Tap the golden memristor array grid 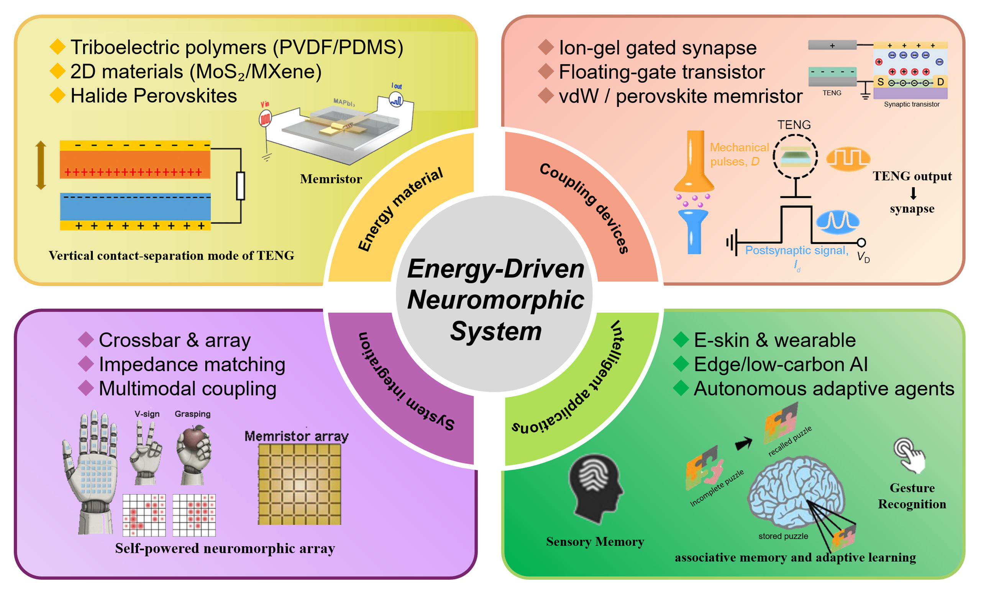299,484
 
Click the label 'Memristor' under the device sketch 331,179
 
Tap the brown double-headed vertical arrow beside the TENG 41,165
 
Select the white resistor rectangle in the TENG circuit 240,186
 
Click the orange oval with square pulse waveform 848,159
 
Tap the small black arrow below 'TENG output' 913,193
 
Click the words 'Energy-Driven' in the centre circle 495,269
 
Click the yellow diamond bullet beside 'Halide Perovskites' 58,95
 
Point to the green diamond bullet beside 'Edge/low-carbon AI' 681,364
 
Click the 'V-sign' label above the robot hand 147,414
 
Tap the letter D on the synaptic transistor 940,82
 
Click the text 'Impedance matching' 192,364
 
